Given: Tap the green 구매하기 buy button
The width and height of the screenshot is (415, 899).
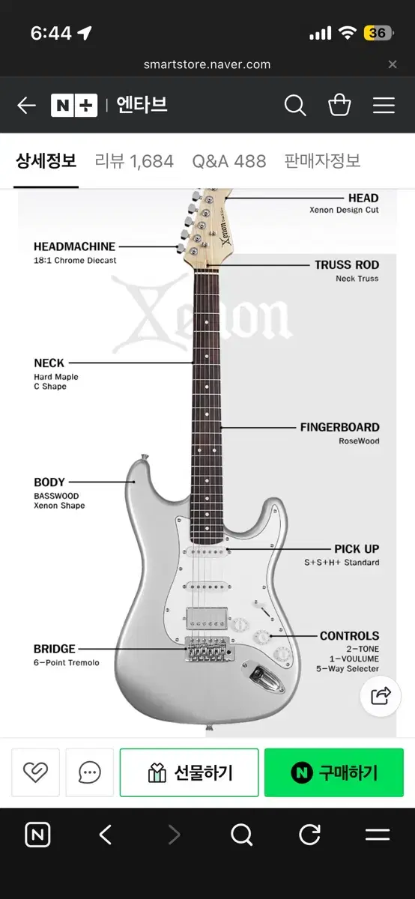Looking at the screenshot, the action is pyautogui.click(x=334, y=772).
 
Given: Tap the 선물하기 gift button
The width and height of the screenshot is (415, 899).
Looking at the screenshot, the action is pyautogui.click(x=189, y=772).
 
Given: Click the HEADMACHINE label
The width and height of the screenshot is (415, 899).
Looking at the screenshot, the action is pyautogui.click(x=74, y=246).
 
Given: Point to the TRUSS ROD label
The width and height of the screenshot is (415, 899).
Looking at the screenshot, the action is pyautogui.click(x=347, y=265).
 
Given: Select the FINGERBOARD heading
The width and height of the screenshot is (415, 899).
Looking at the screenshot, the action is pyautogui.click(x=339, y=427).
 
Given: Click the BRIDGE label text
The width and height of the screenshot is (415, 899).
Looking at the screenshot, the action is pyautogui.click(x=54, y=649).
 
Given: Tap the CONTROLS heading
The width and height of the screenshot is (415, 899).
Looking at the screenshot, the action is pyautogui.click(x=349, y=636).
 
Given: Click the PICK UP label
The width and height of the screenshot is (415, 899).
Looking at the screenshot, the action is pyautogui.click(x=357, y=548).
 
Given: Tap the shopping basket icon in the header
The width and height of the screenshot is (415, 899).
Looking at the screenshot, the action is pyautogui.click(x=339, y=105).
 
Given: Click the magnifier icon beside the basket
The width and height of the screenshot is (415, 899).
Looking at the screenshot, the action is pyautogui.click(x=295, y=105).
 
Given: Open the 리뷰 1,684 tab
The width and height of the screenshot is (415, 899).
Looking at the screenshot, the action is pyautogui.click(x=134, y=161).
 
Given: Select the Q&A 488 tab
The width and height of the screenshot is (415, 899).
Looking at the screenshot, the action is pyautogui.click(x=228, y=161).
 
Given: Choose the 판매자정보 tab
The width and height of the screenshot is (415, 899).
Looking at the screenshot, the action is pyautogui.click(x=322, y=161).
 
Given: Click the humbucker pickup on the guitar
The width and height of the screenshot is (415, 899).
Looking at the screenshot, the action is pyautogui.click(x=207, y=619).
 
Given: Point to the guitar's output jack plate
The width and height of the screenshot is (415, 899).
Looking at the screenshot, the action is pyautogui.click(x=263, y=676).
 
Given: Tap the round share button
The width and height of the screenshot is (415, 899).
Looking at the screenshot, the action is pyautogui.click(x=381, y=696).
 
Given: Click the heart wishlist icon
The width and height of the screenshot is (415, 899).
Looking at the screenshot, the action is pyautogui.click(x=35, y=772).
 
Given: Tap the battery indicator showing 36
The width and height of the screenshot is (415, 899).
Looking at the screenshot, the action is pyautogui.click(x=378, y=33).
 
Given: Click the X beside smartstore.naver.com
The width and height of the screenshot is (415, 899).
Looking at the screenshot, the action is pyautogui.click(x=393, y=64).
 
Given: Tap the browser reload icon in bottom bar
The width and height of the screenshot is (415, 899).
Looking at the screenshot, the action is pyautogui.click(x=310, y=835).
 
